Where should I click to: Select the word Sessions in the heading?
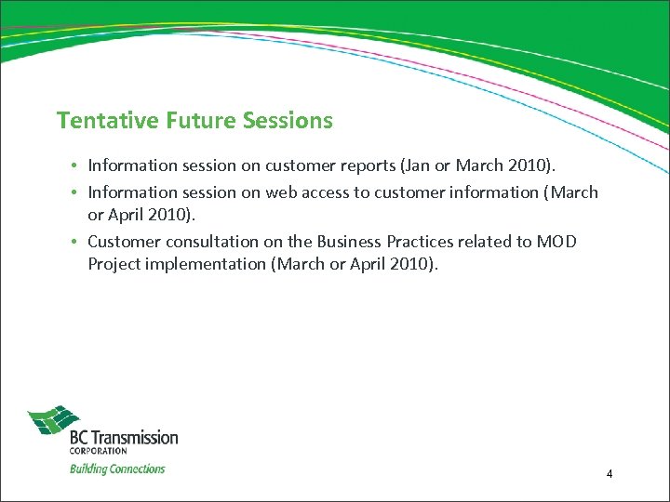coord(288,121)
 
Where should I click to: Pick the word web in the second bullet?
coord(282,192)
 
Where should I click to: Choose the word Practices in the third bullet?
coord(424,242)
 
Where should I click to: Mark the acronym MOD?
coord(556,242)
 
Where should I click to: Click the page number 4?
coord(609,474)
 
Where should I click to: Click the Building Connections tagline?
coord(117,469)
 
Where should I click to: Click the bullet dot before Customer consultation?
coord(73,242)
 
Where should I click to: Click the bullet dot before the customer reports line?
coord(73,165)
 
